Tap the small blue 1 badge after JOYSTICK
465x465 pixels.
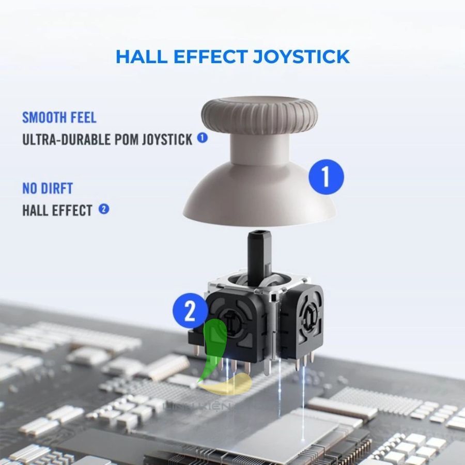(202, 138)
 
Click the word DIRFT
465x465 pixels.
(57, 188)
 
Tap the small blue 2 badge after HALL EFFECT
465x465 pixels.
(103, 209)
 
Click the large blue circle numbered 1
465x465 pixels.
(326, 177)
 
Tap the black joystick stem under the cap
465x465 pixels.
(257, 253)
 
